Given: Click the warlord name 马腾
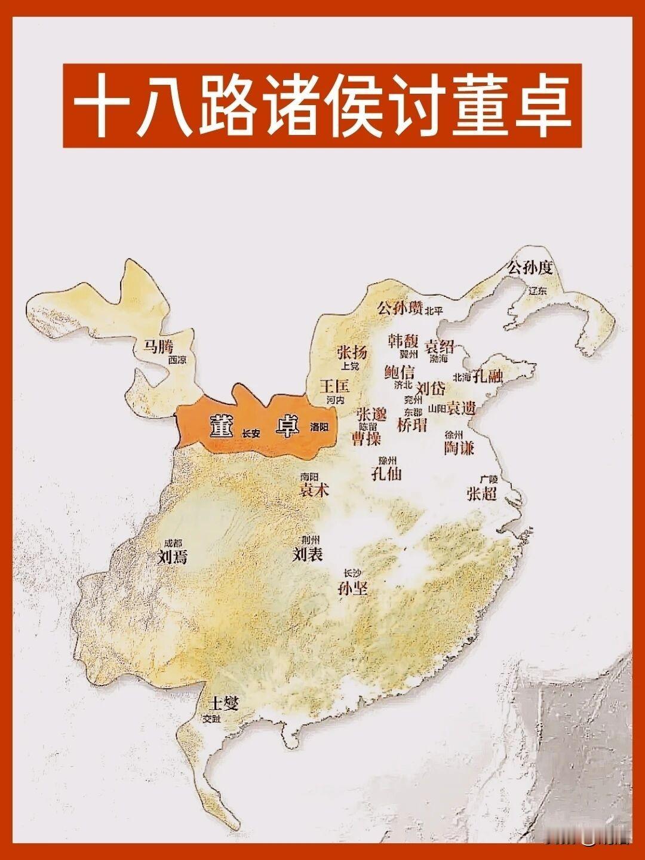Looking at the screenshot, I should [x=157, y=346].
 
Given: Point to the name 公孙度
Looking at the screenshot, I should [x=530, y=268].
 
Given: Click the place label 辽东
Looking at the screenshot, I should [x=537, y=291].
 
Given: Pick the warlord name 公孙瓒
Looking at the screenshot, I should [x=400, y=308].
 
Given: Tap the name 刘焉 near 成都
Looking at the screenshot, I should [x=172, y=557].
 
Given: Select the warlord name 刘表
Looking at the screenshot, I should [x=308, y=555].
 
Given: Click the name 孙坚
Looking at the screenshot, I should [x=352, y=588].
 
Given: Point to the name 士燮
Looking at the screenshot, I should [x=223, y=704].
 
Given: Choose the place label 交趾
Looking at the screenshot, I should [x=211, y=719].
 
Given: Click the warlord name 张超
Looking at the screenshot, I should [x=481, y=493].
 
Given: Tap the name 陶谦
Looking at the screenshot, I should [x=459, y=447].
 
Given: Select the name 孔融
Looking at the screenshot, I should [x=487, y=376].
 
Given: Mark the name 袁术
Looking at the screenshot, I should [x=314, y=490].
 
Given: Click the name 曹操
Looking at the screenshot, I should [x=366, y=440].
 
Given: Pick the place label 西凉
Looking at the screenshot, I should [x=177, y=360].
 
